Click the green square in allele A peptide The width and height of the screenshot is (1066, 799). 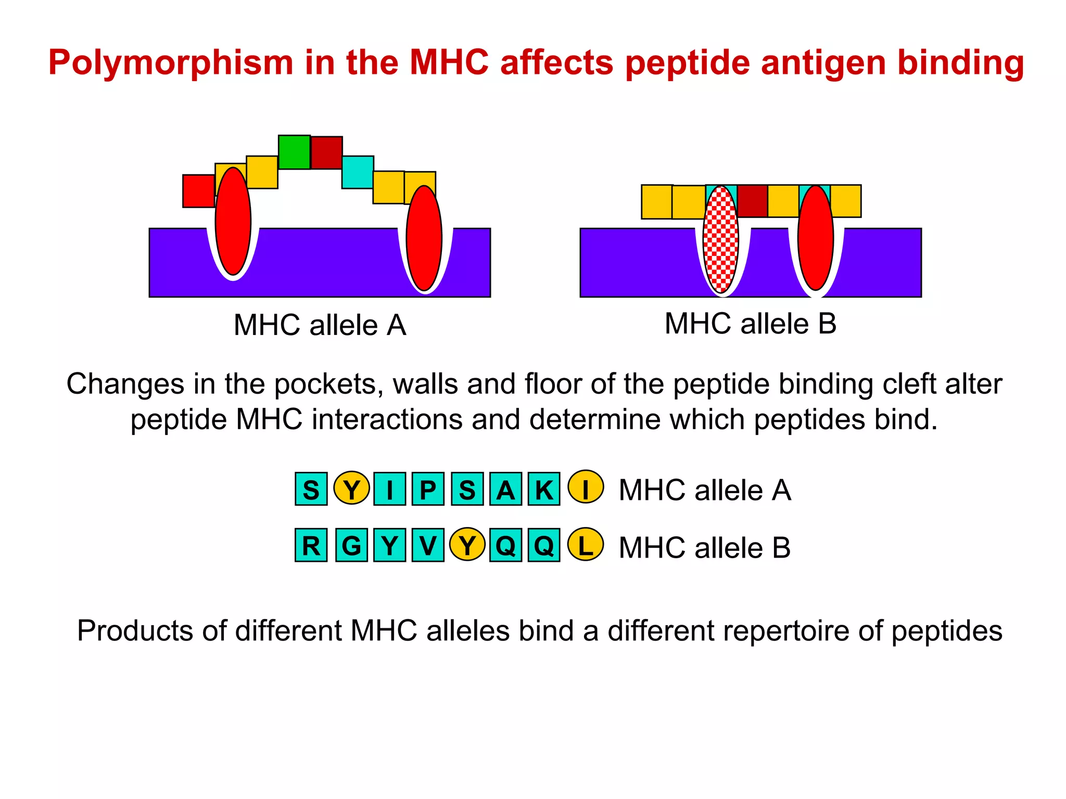tap(294, 152)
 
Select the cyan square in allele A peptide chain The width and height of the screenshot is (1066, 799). tap(358, 172)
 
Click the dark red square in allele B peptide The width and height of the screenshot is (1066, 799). tap(752, 201)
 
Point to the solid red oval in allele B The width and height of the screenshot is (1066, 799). tap(816, 238)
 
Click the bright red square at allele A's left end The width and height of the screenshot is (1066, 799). tap(198, 191)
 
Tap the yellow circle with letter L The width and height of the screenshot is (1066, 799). tap(586, 545)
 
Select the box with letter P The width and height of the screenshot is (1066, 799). tap(428, 489)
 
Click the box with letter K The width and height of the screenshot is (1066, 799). tap(544, 489)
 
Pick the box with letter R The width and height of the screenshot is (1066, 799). tap(311, 545)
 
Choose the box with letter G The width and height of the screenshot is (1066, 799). tap(351, 545)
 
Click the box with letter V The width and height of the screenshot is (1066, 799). tap(428, 545)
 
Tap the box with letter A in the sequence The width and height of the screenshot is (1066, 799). tap(505, 489)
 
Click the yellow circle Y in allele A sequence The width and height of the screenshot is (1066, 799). tap(351, 488)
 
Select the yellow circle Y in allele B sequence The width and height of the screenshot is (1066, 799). tap(467, 545)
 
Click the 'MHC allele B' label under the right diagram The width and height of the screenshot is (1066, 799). tap(750, 324)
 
